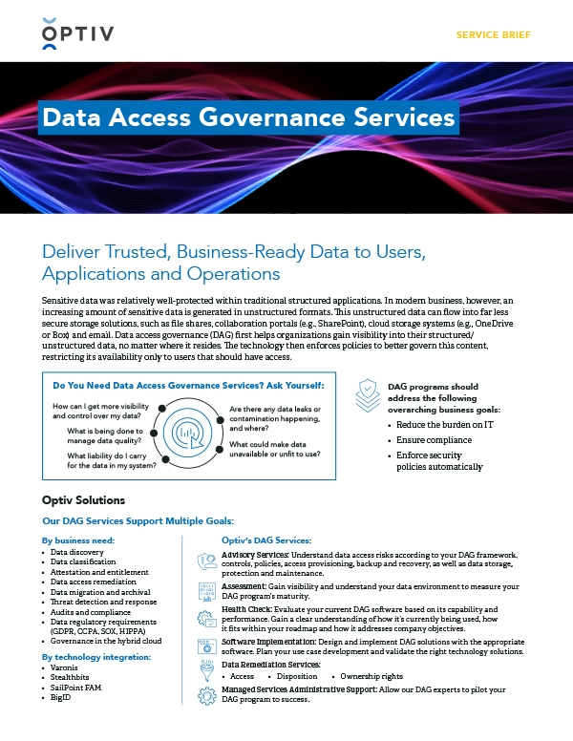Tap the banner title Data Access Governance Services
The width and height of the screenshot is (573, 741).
point(248,117)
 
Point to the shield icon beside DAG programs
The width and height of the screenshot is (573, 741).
point(370,394)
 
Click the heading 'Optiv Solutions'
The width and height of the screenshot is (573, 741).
point(83,500)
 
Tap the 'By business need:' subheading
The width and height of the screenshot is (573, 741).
point(79,540)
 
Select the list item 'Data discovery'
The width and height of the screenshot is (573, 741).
point(78,552)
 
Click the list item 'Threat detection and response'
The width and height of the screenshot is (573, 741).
point(102,603)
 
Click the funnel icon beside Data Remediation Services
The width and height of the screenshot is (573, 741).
point(206,669)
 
